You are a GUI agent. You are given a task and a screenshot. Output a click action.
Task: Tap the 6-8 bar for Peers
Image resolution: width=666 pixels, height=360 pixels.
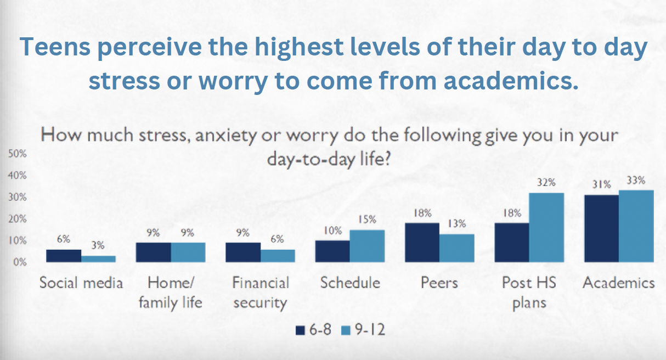422,242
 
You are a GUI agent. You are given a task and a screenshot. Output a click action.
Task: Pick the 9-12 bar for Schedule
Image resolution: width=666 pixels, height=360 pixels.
367,246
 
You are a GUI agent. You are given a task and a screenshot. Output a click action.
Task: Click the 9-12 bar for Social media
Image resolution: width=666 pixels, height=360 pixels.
99,258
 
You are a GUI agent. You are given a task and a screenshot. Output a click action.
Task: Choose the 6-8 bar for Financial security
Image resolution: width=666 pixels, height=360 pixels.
242,252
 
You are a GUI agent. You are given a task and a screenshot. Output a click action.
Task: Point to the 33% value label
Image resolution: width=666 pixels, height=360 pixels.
636,181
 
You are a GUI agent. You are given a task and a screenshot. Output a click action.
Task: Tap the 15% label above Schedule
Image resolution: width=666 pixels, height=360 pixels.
367,220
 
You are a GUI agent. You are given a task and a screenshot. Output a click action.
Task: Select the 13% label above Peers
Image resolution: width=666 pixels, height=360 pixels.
456,224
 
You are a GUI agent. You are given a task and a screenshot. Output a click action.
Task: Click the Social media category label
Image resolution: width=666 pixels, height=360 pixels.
81,283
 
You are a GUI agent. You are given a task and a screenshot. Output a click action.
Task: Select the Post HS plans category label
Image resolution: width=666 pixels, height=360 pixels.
529,292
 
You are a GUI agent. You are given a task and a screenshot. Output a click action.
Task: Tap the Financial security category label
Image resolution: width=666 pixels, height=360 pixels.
261,292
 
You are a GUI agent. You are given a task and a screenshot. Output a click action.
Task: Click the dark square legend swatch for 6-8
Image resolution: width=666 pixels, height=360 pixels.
300,330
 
